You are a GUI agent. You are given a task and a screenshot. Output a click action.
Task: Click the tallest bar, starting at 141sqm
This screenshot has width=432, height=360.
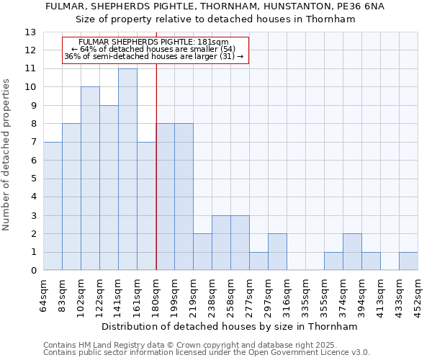point(127,169)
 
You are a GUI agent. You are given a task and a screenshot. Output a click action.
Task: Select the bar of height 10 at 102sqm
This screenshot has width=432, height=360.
point(90,179)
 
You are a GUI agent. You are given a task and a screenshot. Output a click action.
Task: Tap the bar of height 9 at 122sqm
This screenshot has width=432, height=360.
point(109,188)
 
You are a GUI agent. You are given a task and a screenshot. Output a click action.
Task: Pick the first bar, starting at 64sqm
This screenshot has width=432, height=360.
point(53,206)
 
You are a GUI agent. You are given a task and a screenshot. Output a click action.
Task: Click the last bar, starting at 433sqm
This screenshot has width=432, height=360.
point(408,261)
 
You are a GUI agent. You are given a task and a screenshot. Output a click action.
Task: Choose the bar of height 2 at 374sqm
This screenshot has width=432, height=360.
point(352,252)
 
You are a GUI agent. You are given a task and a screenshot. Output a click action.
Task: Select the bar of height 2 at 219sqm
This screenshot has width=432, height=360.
point(202,252)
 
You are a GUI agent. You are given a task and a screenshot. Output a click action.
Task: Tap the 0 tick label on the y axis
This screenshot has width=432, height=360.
point(33,271)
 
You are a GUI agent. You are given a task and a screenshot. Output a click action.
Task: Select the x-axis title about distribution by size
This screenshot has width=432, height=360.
point(230,326)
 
